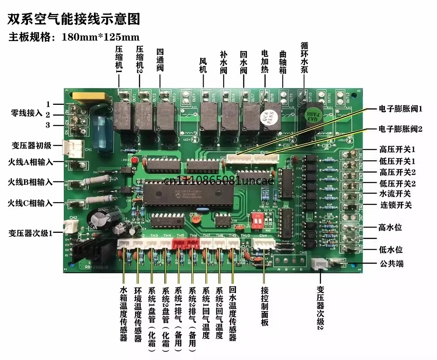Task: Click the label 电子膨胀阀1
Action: pyautogui.click(x=401, y=108)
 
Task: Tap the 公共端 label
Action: pyautogui.click(x=390, y=263)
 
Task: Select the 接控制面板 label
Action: pyautogui.click(x=264, y=306)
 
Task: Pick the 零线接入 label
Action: pyautogui.click(x=26, y=113)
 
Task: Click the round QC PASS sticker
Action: pyautogui.click(x=266, y=116)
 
